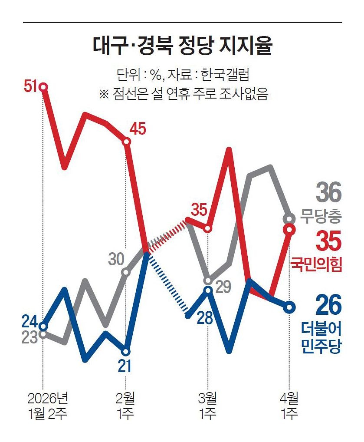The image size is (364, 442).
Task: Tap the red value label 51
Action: pos(31,87)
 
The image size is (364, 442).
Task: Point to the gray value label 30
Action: pos(117,259)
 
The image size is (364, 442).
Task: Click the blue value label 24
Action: pos(30,322)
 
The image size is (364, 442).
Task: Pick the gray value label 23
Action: pos(30,338)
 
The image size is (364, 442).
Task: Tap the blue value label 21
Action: pos(126,366)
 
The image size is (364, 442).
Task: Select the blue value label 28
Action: pos(204,318)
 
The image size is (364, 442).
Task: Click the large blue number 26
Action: pos(328,305)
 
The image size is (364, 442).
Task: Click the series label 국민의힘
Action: pos(316,264)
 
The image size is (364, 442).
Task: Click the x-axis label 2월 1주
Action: pos(126,406)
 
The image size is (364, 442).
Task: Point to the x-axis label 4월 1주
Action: pos(288,406)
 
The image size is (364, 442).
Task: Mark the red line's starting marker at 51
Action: pos(43,87)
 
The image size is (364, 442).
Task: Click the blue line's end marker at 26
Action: pos(289,307)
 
